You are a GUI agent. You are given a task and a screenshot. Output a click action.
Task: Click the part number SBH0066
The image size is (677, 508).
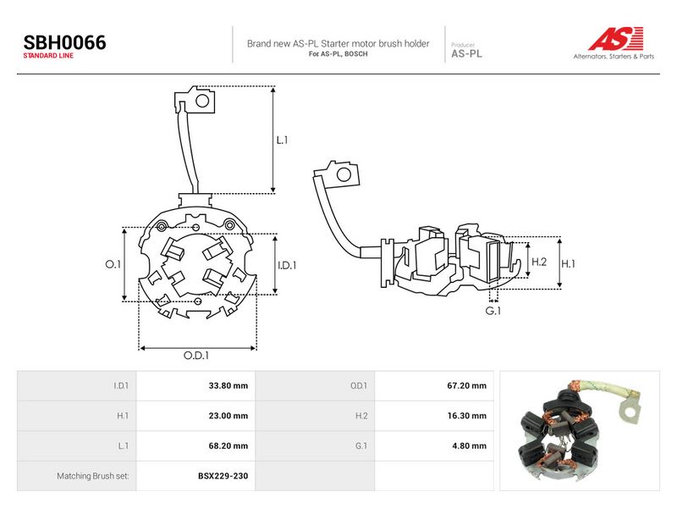(x=65, y=42)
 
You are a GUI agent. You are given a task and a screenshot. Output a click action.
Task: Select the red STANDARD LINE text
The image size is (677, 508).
(x=48, y=56)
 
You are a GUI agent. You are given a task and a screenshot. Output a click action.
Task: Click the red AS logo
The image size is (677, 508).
(x=616, y=38)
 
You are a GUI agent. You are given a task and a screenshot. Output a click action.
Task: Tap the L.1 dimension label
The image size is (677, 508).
(x=282, y=140)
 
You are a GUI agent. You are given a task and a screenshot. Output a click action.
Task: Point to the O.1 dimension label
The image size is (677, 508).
(x=113, y=264)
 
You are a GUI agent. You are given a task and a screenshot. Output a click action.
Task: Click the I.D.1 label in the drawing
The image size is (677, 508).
(x=287, y=265)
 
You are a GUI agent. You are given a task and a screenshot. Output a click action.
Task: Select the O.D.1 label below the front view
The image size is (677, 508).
(x=196, y=355)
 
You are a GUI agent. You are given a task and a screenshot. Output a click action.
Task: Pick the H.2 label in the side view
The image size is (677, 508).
(x=539, y=262)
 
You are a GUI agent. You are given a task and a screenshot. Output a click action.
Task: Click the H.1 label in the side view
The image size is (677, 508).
(x=568, y=263)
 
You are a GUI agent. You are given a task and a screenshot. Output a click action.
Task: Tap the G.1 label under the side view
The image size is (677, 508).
(x=493, y=311)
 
